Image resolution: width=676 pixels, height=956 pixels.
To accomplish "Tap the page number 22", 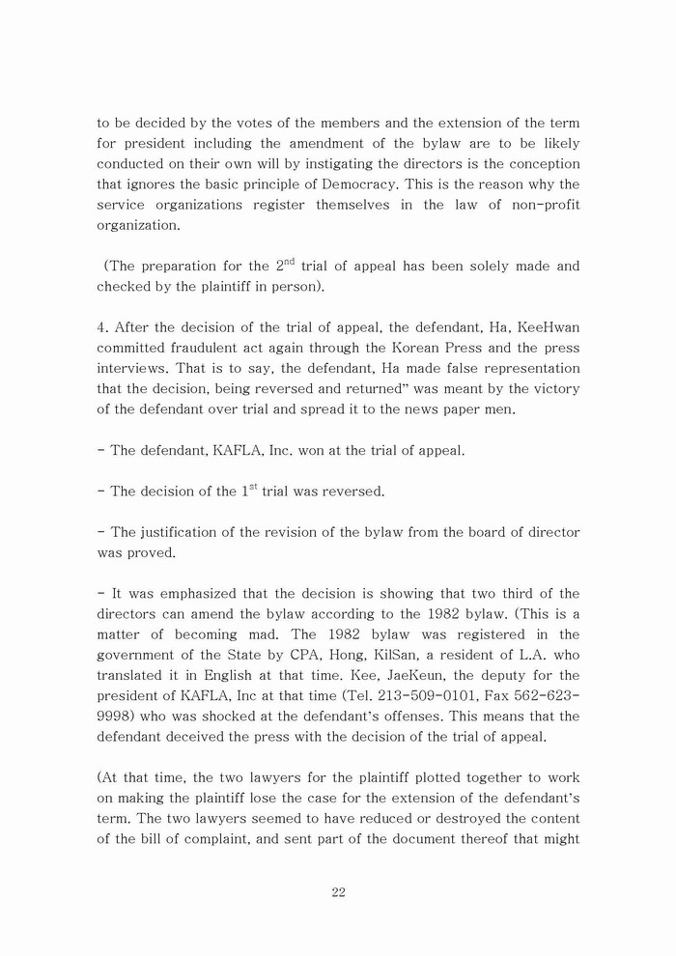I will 338,892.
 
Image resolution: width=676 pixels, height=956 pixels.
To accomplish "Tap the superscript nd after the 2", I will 288,261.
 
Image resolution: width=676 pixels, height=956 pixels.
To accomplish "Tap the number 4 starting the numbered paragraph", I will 100,327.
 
